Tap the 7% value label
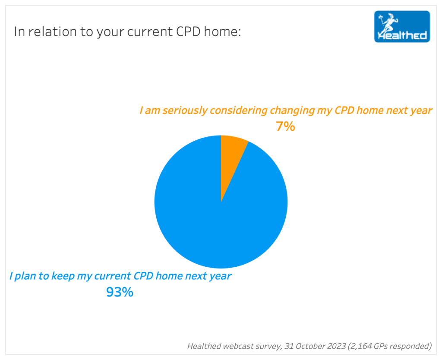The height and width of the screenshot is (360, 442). pos(285,126)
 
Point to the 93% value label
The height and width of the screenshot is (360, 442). pos(120,292)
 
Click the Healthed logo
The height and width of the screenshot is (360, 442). pos(402,26)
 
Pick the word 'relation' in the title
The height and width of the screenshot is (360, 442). pos(53,31)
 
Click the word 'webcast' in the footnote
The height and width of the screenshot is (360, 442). pos(239,346)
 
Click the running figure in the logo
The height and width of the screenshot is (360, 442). pos(388,22)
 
